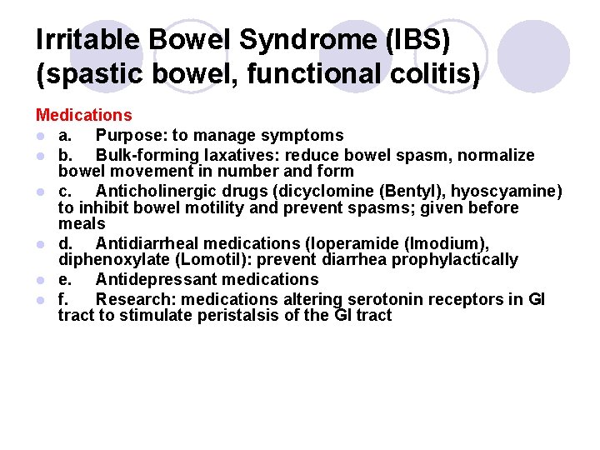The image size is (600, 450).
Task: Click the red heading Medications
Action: [x=83, y=115]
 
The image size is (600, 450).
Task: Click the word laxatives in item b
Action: [x=242, y=155]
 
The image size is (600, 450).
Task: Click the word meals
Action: [x=82, y=224]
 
